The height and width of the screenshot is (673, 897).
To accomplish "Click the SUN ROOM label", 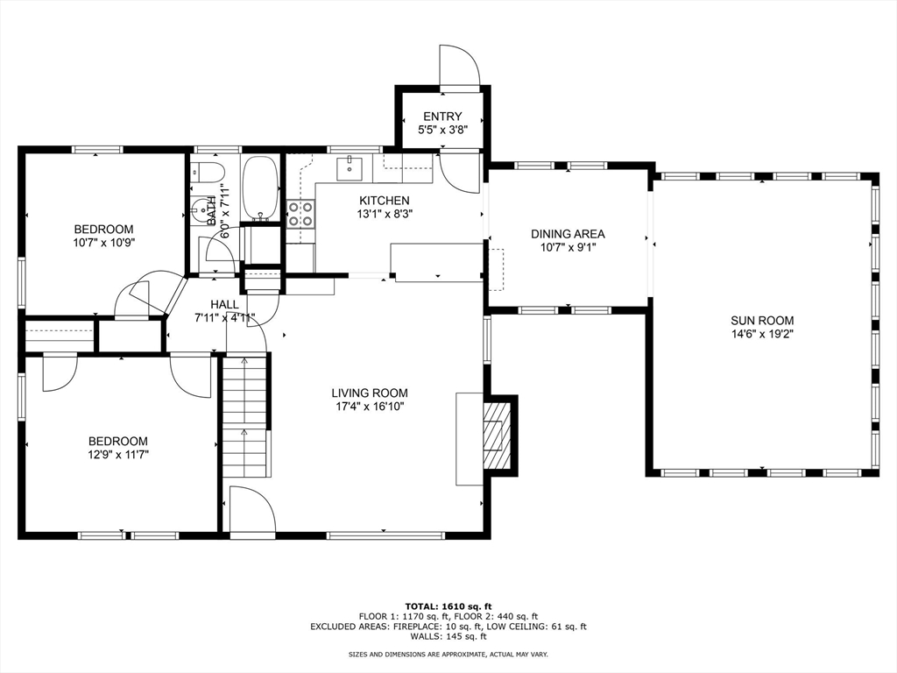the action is click(x=762, y=321).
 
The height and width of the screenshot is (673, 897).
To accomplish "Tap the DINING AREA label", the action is click(x=568, y=233).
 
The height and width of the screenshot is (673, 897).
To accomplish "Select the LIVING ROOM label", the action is click(x=370, y=393).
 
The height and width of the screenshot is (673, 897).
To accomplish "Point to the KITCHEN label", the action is click(x=385, y=201).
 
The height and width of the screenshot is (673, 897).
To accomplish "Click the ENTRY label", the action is click(x=442, y=117).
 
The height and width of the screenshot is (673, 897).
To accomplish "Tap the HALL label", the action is click(x=224, y=304).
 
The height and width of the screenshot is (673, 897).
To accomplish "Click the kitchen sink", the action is click(x=350, y=166).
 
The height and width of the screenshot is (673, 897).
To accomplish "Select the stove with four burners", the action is click(x=300, y=214).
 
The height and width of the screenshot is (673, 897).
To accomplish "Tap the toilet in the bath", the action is click(x=207, y=172).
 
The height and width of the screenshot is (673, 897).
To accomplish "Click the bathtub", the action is click(x=261, y=189).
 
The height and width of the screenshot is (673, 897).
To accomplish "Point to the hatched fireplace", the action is click(x=497, y=434).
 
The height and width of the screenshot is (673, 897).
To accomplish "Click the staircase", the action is click(x=246, y=414).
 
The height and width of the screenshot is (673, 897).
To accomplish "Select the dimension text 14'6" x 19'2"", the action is click(x=762, y=334).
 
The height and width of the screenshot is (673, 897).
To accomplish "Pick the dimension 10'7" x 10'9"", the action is click(x=103, y=243).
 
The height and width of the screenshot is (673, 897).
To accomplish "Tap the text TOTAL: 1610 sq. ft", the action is click(x=448, y=606).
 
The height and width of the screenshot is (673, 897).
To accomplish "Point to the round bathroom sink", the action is click(x=199, y=209).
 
